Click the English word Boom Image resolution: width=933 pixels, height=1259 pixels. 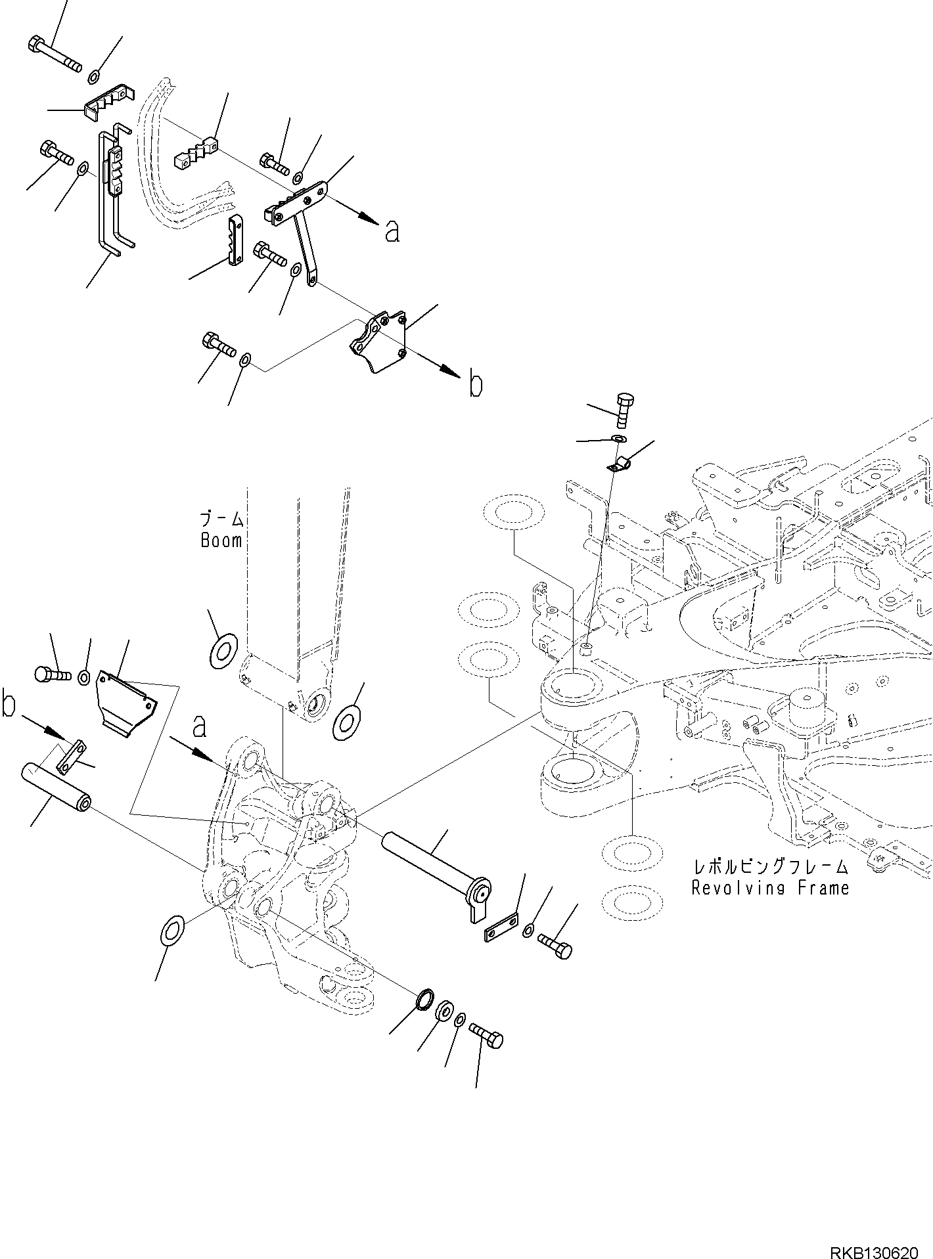point(221,541)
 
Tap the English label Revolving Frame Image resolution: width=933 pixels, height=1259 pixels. point(770,888)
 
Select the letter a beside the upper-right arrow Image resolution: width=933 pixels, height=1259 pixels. point(392,231)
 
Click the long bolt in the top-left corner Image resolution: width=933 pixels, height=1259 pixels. point(55,55)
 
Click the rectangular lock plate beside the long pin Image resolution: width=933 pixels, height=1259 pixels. point(501,926)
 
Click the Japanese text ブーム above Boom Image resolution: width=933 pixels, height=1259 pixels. point(222,520)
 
